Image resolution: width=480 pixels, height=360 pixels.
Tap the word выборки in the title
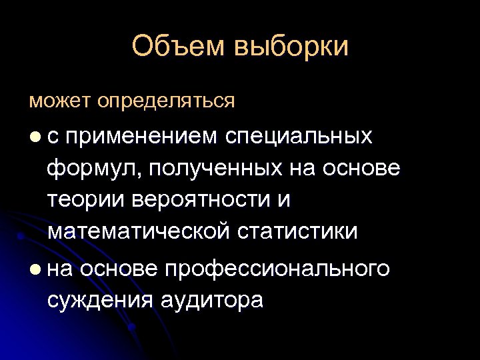tap(291, 47)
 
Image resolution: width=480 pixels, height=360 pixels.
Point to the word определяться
tap(166, 101)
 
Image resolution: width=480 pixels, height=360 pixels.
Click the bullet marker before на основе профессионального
tap(34, 270)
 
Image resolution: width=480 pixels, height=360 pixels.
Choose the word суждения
tap(99, 300)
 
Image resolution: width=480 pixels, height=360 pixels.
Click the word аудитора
tap(212, 300)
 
